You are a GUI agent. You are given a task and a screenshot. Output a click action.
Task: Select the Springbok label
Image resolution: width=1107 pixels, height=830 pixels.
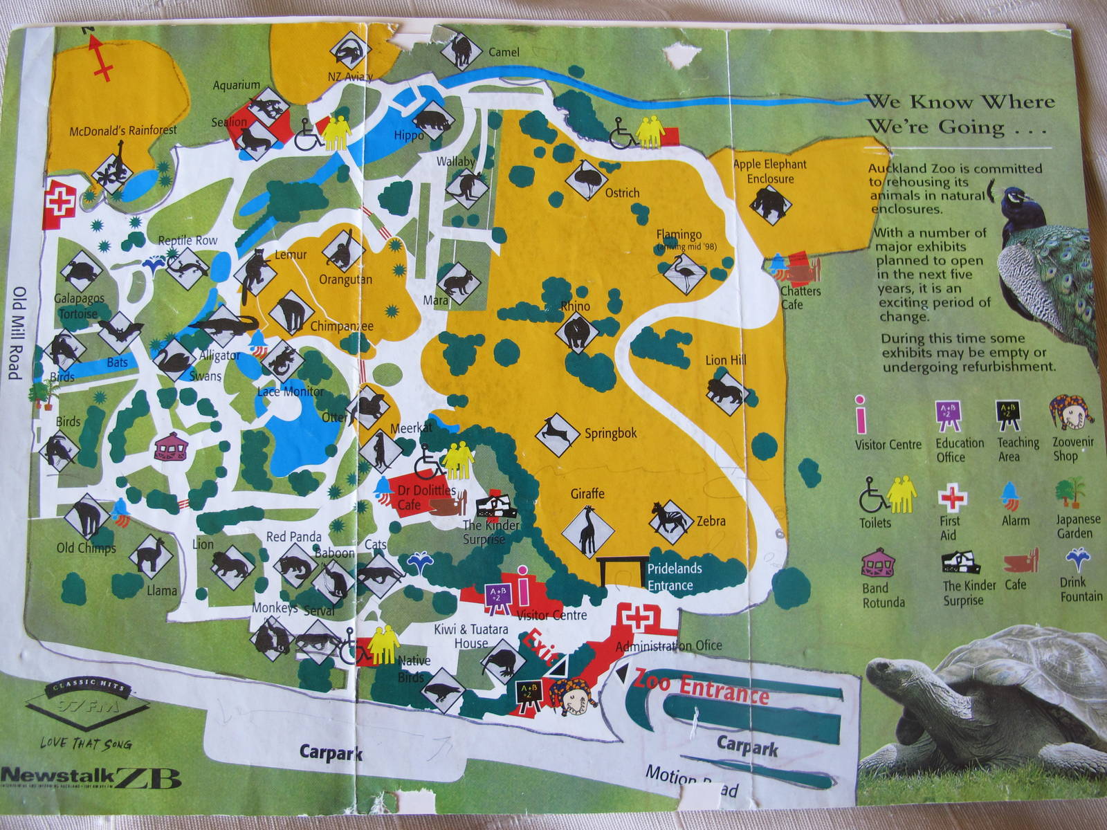(x=610, y=434)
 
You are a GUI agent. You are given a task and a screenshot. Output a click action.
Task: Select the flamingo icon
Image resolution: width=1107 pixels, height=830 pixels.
(x=684, y=273)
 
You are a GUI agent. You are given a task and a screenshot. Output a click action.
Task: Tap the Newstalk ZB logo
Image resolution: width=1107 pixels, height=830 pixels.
(x=90, y=777)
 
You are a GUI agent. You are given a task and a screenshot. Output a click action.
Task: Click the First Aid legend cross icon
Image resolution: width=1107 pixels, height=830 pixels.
(x=952, y=498)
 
